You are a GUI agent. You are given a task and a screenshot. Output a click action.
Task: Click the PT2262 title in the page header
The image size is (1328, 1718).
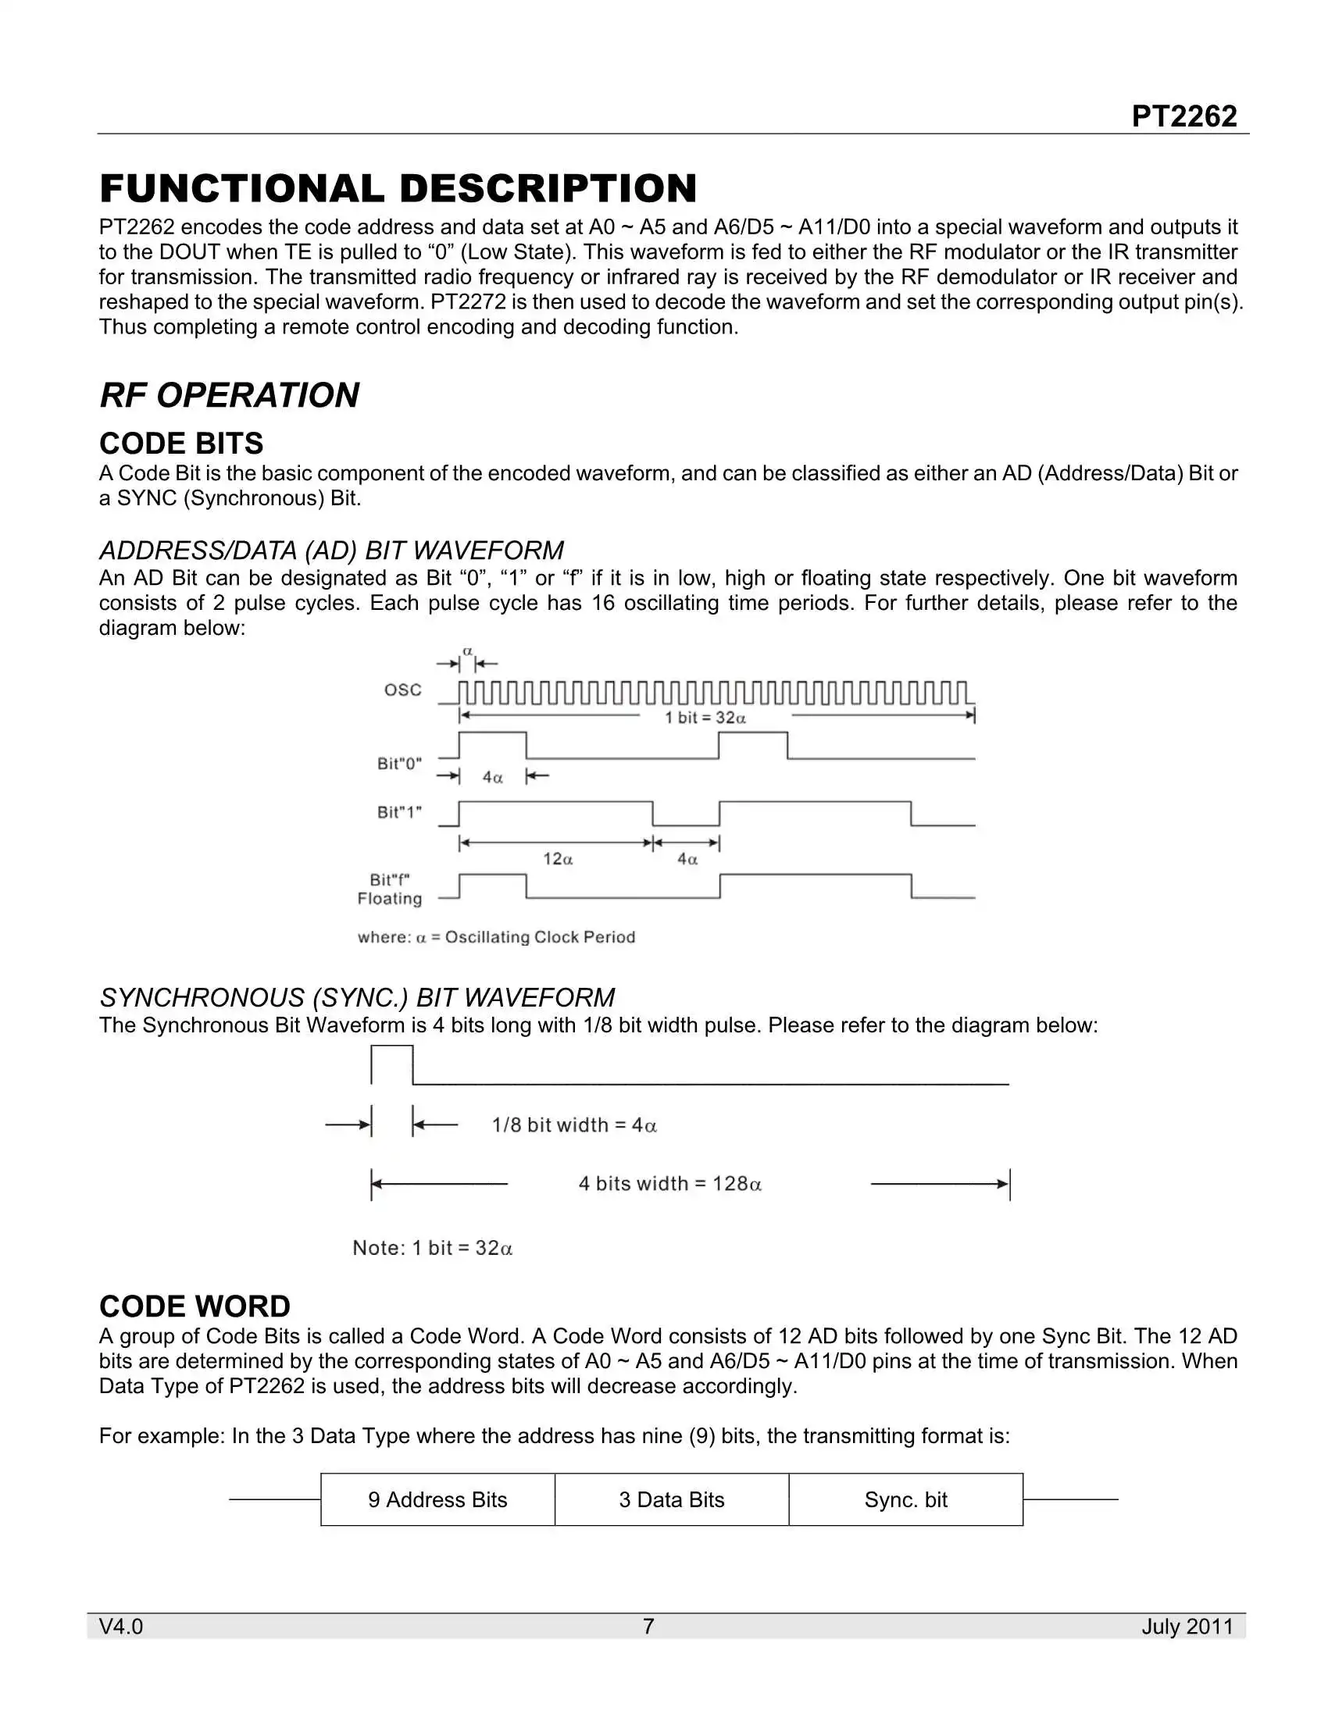click(x=1183, y=116)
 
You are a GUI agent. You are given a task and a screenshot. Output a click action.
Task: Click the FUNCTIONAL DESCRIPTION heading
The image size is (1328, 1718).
click(x=398, y=189)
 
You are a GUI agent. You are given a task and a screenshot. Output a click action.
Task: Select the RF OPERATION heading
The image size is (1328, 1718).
click(x=229, y=395)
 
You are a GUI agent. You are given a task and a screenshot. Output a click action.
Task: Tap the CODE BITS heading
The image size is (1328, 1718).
click(x=181, y=444)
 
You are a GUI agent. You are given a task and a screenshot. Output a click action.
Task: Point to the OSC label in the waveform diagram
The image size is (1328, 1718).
click(x=403, y=690)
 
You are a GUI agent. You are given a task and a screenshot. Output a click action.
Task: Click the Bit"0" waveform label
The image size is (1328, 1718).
click(x=400, y=763)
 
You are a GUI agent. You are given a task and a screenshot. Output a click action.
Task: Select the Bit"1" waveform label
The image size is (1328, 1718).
click(x=400, y=812)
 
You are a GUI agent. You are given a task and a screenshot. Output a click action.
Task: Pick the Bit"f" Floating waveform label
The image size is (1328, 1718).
click(x=390, y=889)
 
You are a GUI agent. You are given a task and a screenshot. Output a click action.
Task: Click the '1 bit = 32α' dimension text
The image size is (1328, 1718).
click(x=705, y=718)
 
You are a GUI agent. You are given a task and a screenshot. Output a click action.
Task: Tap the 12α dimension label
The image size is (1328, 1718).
click(x=558, y=859)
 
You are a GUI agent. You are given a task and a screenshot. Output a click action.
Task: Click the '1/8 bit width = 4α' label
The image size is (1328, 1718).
click(x=574, y=1125)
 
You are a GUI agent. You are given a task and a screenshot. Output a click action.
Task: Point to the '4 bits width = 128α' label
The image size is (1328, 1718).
click(x=670, y=1184)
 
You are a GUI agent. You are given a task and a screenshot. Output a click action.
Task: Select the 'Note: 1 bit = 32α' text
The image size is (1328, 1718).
click(x=433, y=1248)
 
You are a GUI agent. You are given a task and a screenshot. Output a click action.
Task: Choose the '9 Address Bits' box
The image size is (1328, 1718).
click(x=437, y=1499)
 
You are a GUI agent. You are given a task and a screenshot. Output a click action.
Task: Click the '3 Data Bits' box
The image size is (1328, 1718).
click(x=671, y=1499)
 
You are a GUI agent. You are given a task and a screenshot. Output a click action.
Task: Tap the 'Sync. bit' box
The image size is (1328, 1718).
click(x=905, y=1499)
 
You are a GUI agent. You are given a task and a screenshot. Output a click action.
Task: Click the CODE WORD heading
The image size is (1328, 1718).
click(x=195, y=1306)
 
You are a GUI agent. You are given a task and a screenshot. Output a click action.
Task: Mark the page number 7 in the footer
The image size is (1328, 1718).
click(x=648, y=1626)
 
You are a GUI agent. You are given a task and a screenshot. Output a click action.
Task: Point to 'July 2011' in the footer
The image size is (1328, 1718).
click(x=1187, y=1626)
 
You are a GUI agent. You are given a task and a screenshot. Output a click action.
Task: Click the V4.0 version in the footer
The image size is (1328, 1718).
click(x=121, y=1626)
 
